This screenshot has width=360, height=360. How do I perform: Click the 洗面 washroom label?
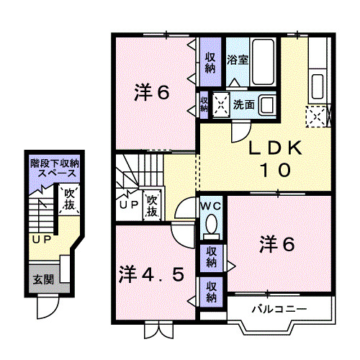pos(243,104)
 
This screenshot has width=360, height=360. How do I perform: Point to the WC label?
pos(210,204)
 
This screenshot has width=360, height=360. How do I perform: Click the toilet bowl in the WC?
pos(211,227)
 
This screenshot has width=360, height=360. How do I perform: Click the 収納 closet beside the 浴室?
pos(210,62)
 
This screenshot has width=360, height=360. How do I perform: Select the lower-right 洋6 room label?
pos(276,245)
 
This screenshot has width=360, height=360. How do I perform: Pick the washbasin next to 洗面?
pos(266,104)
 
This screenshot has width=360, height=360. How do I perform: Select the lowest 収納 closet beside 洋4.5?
pos(211,292)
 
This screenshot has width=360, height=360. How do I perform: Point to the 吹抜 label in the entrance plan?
pos(69,199)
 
